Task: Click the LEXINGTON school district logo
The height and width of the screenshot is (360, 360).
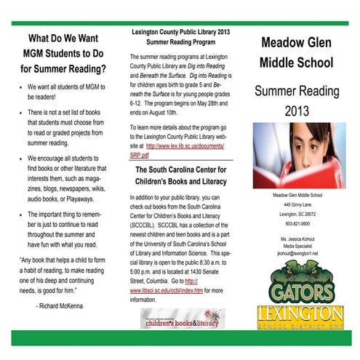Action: [x=300, y=314]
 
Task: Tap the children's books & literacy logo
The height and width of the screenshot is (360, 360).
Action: [x=183, y=318]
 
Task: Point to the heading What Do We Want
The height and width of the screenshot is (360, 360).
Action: [x=63, y=38]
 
